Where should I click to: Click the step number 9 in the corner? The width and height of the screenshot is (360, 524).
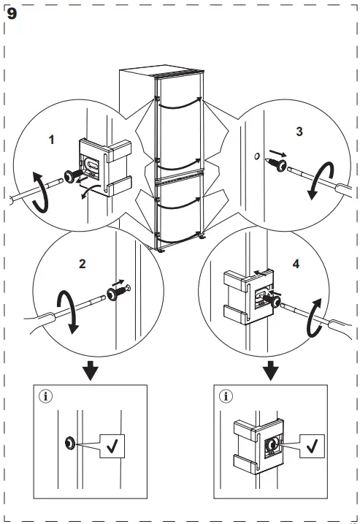12,14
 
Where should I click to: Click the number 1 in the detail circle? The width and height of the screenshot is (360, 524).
51,140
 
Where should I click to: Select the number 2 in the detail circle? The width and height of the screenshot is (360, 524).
83,264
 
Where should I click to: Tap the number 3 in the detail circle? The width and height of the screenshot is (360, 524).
299,132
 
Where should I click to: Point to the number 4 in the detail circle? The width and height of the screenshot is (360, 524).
296,264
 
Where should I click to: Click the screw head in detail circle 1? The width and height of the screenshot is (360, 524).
70,176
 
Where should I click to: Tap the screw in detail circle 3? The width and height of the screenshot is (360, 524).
276,164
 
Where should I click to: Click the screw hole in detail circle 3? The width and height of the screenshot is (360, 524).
257,156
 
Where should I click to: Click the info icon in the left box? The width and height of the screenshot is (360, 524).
46,396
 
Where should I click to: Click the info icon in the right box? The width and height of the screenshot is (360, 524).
226,396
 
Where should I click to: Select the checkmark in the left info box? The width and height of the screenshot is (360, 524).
112,446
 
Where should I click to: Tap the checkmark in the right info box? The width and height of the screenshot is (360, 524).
312,446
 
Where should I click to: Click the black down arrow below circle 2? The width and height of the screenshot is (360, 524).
91,371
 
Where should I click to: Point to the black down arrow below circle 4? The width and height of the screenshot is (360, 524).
270,371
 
